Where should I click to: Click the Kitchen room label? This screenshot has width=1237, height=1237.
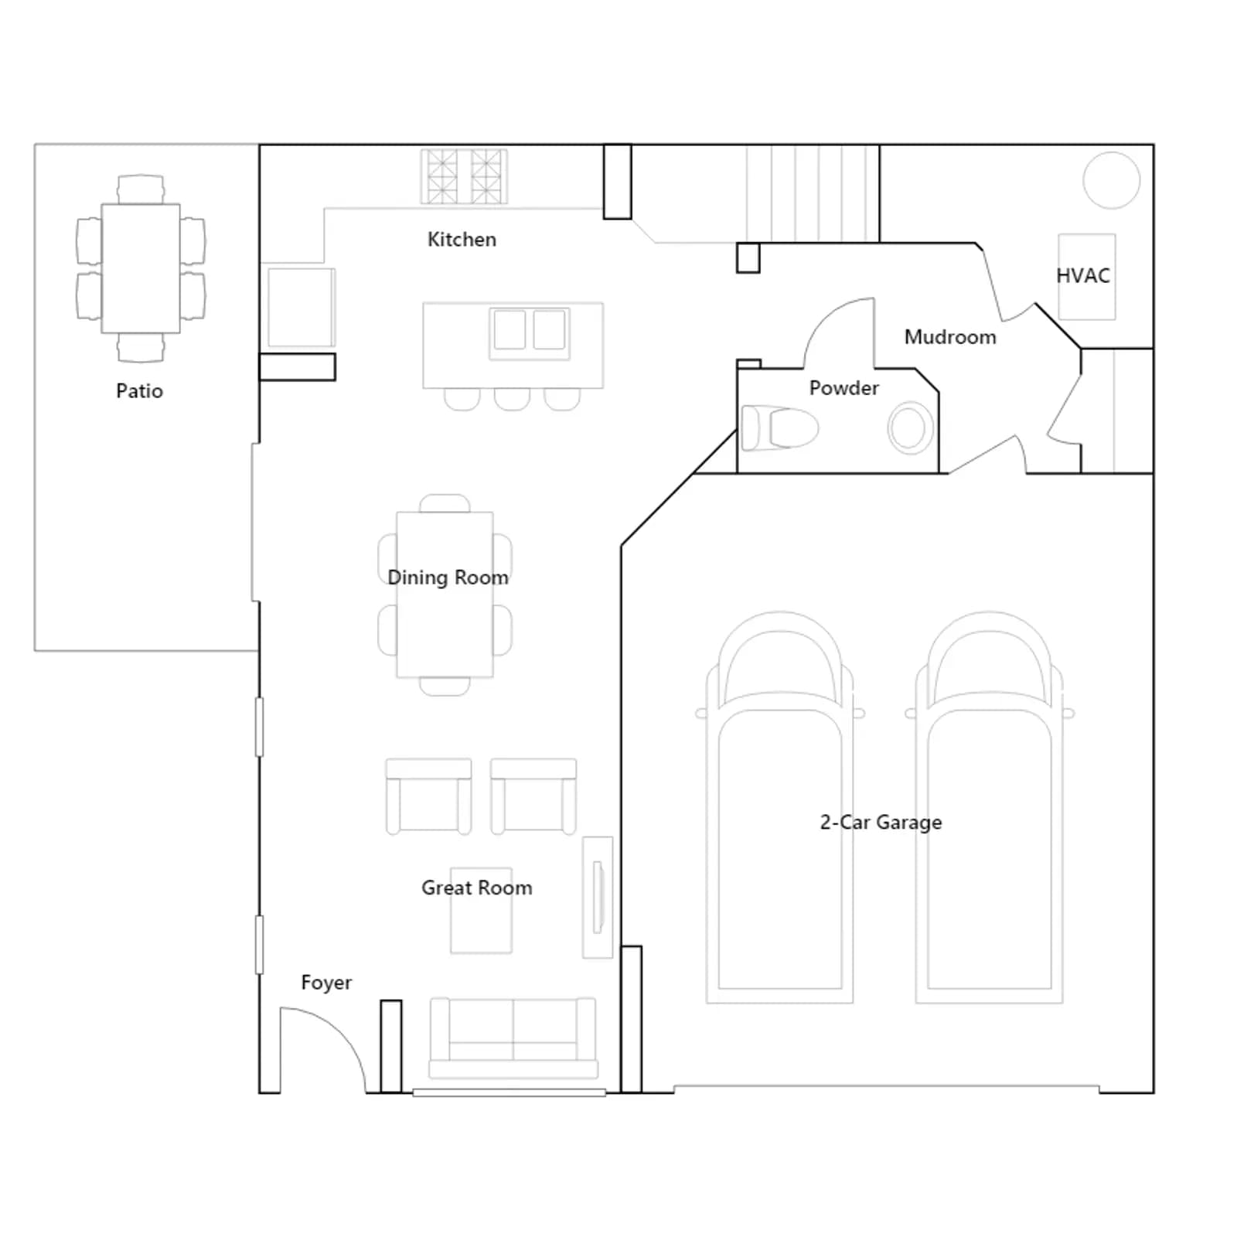click(462, 240)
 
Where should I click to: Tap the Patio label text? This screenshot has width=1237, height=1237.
click(139, 391)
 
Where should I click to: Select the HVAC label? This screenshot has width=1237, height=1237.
click(1082, 276)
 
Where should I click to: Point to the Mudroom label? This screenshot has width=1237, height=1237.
click(950, 337)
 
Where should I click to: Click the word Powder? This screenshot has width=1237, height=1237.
click(843, 388)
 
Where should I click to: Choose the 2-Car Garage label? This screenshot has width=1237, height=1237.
click(881, 823)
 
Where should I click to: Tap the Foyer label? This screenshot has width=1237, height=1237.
click(326, 983)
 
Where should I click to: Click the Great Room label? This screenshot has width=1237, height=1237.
click(476, 888)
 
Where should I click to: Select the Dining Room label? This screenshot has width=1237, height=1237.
click(448, 578)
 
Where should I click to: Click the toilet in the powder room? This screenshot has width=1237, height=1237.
click(779, 428)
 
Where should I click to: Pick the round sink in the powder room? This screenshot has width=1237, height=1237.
click(909, 428)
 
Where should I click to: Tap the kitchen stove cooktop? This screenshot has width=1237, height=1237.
click(464, 176)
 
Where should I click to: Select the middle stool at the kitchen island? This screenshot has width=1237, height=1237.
click(512, 399)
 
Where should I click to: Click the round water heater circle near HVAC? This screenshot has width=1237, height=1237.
click(1112, 180)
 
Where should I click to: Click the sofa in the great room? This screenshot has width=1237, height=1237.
click(513, 1038)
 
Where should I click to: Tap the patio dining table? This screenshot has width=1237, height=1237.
click(141, 268)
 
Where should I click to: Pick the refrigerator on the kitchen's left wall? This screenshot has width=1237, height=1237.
click(302, 307)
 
